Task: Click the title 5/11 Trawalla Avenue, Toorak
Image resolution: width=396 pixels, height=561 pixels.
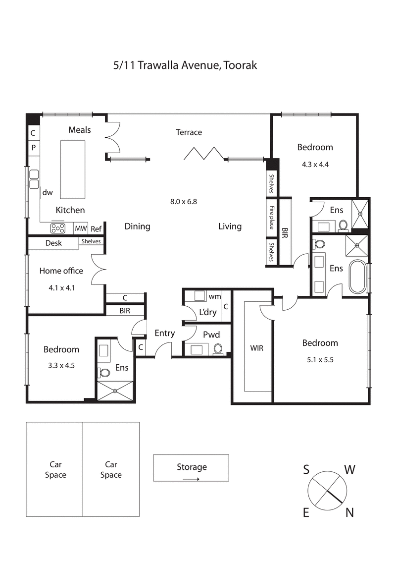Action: pyautogui.click(x=185, y=65)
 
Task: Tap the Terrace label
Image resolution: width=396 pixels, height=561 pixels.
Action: pyautogui.click(x=189, y=132)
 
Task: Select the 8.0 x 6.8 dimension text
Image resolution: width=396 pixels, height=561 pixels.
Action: pyautogui.click(x=184, y=201)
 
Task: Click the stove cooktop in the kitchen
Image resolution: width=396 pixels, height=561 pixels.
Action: pyautogui.click(x=58, y=228)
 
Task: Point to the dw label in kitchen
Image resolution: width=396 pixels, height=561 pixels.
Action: pyautogui.click(x=48, y=192)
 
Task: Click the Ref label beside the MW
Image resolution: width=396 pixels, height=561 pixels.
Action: pyautogui.click(x=96, y=229)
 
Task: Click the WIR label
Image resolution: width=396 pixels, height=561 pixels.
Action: pyautogui.click(x=256, y=348)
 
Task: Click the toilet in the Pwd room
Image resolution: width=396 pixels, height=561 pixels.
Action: pyautogui.click(x=218, y=349)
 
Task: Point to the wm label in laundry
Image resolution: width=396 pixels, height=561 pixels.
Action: pyautogui.click(x=214, y=296)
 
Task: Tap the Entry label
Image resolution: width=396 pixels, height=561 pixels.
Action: pyautogui.click(x=164, y=333)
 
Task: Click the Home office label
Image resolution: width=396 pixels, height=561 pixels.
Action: pyautogui.click(x=61, y=271)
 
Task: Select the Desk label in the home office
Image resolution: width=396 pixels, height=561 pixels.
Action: pyautogui.click(x=53, y=243)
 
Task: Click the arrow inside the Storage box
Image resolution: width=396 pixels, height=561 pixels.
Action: pyautogui.click(x=191, y=479)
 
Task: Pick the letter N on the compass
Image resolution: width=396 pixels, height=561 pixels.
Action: pyautogui.click(x=349, y=513)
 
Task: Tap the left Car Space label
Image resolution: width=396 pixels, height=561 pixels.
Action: pyautogui.click(x=55, y=469)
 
